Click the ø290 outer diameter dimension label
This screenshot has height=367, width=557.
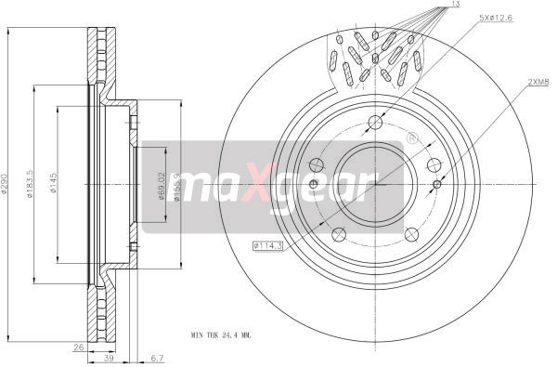[6, 183]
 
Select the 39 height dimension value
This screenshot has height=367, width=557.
[110, 358]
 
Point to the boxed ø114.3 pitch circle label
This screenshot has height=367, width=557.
[267, 245]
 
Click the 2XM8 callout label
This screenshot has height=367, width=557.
[538, 82]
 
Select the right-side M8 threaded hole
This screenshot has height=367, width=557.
[437, 184]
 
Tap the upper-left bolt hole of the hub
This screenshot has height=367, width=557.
[317, 164]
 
